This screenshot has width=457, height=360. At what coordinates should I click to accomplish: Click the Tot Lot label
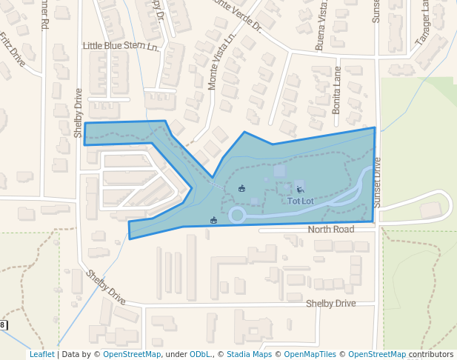click(301, 201)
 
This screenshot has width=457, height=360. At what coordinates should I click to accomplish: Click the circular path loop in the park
click(237, 216)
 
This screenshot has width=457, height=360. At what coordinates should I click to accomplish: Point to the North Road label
click(331, 230)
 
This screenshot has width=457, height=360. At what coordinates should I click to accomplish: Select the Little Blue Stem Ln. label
click(121, 46)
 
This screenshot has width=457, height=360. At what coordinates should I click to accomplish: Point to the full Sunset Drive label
click(377, 181)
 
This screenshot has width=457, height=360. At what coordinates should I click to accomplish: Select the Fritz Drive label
click(13, 50)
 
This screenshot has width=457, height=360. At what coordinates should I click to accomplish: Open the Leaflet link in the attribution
click(42, 355)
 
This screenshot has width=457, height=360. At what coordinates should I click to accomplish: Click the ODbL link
click(200, 355)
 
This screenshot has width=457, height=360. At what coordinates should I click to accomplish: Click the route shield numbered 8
click(4, 325)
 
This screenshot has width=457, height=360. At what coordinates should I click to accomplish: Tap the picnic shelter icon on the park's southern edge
click(214, 219)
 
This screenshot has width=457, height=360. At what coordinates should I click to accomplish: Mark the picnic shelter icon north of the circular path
click(241, 188)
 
